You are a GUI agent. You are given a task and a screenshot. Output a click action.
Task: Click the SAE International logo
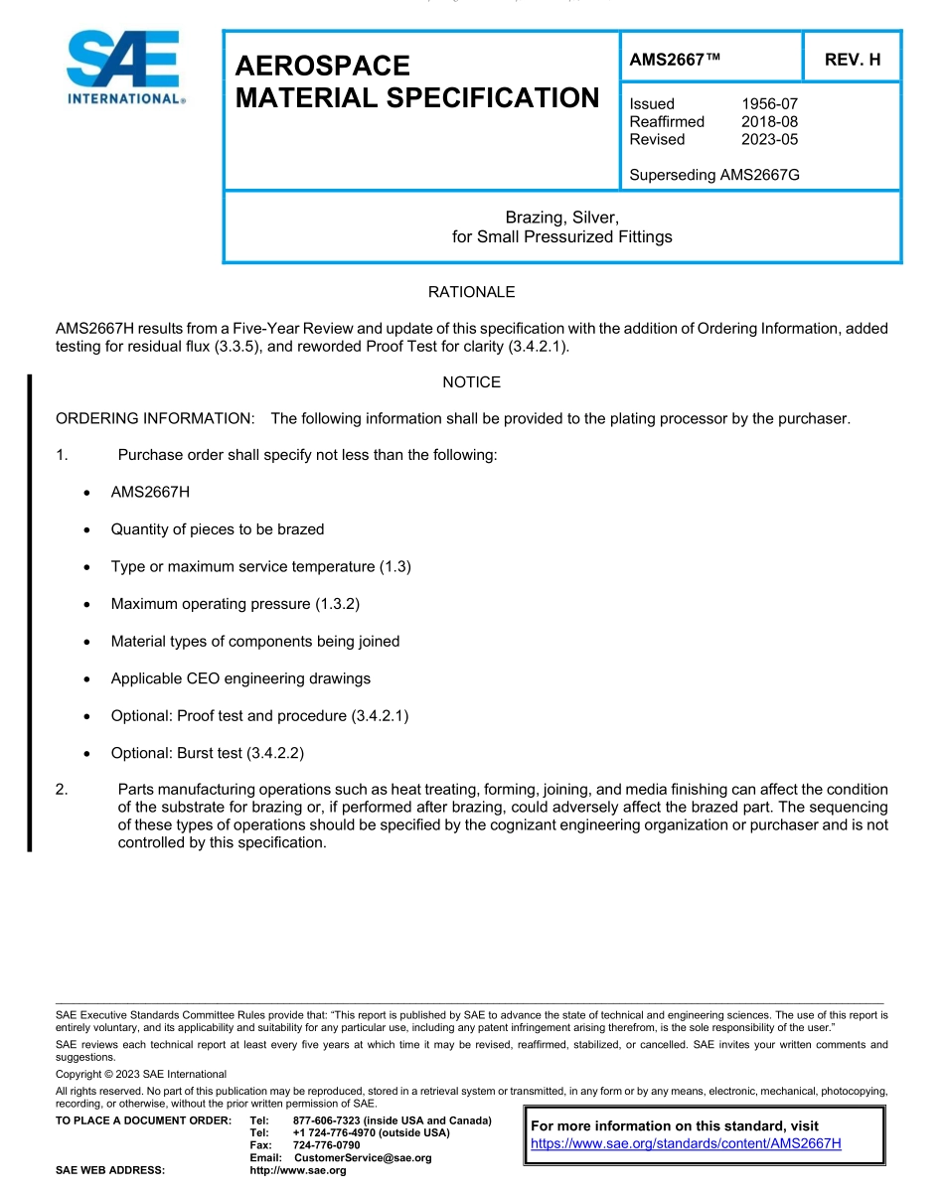[x=124, y=67]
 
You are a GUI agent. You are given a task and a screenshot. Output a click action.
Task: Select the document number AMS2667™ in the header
[x=674, y=60]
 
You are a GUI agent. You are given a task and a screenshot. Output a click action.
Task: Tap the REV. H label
[x=853, y=60]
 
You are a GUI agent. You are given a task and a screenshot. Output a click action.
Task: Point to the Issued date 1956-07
[x=769, y=103]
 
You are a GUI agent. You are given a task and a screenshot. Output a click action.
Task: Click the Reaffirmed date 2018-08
[x=769, y=121]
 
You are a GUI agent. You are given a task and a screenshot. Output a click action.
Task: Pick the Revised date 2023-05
[x=769, y=139]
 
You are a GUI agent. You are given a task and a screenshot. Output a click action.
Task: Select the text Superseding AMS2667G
[x=714, y=175]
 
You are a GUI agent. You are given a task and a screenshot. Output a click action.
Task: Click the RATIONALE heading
[x=471, y=292]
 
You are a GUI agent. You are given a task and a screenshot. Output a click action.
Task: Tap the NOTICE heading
[x=471, y=381]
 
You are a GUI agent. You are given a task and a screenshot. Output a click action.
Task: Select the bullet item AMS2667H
[x=150, y=493]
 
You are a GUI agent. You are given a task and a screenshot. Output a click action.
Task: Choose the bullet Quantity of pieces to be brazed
[x=217, y=529]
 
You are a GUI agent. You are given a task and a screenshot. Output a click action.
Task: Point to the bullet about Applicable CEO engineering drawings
[x=240, y=678]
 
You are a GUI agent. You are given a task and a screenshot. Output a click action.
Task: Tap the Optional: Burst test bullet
[x=207, y=753]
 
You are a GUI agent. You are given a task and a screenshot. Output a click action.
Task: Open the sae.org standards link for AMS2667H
[x=686, y=1143]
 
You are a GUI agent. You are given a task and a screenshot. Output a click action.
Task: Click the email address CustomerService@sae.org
[x=363, y=1158]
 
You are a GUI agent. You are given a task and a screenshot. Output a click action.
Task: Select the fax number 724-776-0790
[x=327, y=1145]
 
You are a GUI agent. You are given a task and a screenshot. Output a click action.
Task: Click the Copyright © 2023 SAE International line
[x=141, y=1074]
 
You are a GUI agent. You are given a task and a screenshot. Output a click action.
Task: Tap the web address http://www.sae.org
[x=298, y=1170]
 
